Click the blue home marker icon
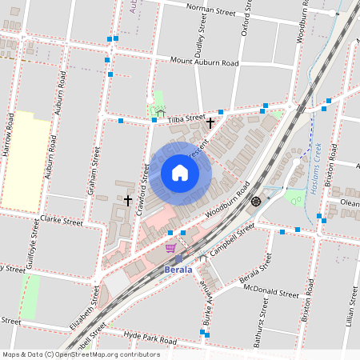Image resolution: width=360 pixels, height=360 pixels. (x=179, y=173)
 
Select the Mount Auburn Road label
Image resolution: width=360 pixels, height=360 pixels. (x=204, y=62)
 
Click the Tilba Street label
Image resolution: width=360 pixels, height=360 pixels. (x=186, y=119)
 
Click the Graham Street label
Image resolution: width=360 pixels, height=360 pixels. (x=94, y=176)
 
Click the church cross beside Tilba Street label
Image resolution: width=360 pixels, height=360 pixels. (x=210, y=123)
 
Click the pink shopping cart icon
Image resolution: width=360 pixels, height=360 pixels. (x=170, y=248)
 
